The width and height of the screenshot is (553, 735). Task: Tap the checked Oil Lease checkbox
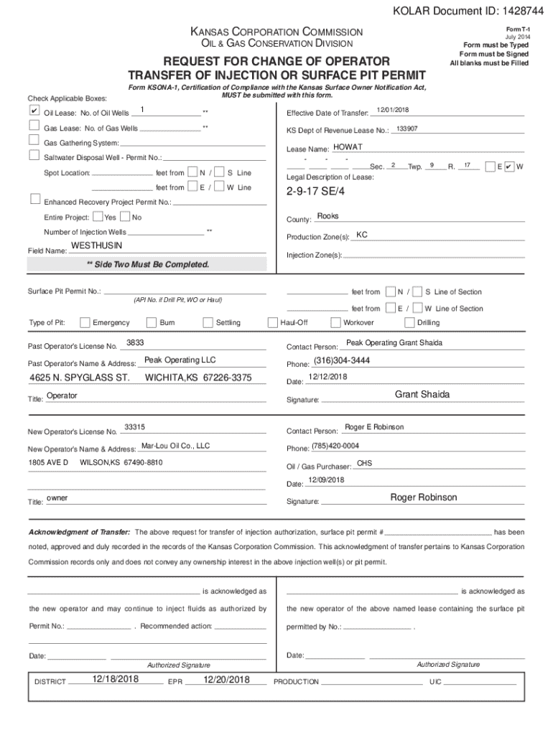[x=34, y=111]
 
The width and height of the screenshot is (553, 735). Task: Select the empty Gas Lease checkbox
[x=34, y=126]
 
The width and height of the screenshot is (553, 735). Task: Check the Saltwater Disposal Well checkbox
[x=34, y=155]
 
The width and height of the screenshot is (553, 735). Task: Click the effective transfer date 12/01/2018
[x=392, y=109]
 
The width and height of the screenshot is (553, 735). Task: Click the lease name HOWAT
[x=348, y=147]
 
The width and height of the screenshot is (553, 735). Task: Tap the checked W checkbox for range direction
[x=509, y=166]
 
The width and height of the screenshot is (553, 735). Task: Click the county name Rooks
[x=327, y=216]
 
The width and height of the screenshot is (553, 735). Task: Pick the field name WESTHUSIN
[x=97, y=245]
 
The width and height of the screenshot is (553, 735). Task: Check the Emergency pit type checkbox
[x=85, y=322]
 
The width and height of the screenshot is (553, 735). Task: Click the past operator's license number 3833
[x=135, y=342]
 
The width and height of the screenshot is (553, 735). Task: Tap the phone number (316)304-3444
[x=341, y=360]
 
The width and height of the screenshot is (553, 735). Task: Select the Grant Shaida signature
[x=422, y=395]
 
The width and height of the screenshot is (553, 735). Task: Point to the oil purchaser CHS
[x=364, y=463]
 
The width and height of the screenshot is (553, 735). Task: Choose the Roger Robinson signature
[x=423, y=497]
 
